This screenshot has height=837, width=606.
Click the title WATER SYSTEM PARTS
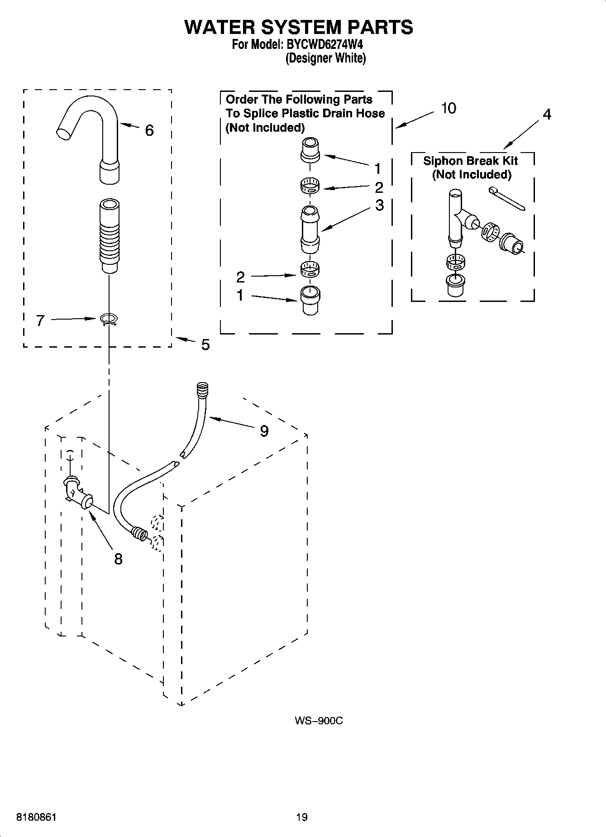pos(299,27)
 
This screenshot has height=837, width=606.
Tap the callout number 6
pos(149,131)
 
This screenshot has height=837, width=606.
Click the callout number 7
pos(40,321)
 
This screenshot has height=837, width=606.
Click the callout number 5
pos(205,345)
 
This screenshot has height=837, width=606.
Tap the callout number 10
pos(449,109)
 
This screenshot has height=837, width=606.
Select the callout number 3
pos(379,205)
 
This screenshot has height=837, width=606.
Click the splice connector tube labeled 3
pos(310,230)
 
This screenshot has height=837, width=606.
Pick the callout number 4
pos(547,115)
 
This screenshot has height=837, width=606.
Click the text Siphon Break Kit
pos(470,161)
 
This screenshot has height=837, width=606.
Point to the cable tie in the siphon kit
pos(507,199)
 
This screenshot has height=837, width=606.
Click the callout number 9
pos(264,431)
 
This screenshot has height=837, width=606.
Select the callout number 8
pos(118,560)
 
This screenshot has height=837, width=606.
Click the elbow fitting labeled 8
pos(77,493)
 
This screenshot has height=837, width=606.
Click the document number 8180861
pos(36,818)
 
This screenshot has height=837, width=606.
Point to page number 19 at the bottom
pos(302,817)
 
